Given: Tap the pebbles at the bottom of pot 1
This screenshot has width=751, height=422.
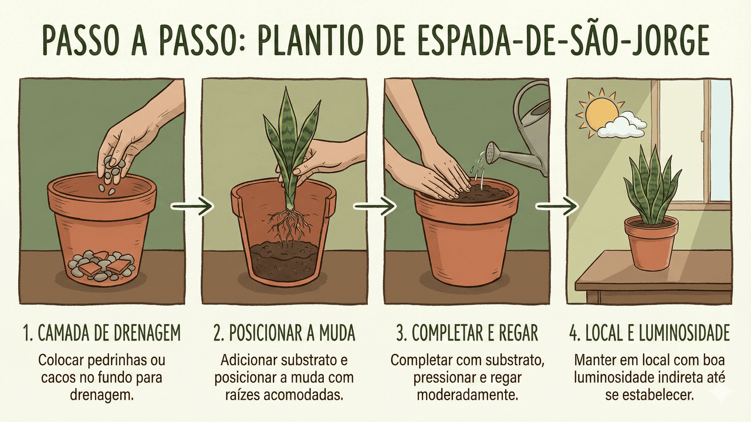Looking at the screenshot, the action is (x=102, y=266).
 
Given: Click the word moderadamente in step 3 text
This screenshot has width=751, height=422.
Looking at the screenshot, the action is (x=468, y=395).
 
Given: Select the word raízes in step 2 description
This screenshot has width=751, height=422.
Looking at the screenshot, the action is (x=242, y=395).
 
